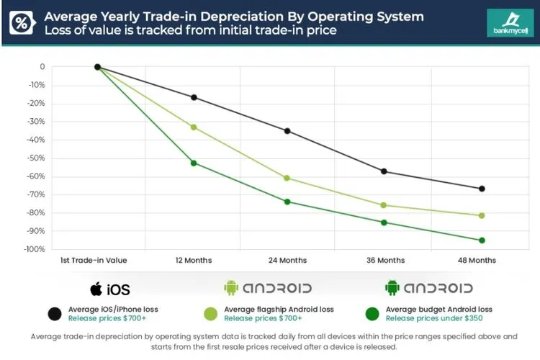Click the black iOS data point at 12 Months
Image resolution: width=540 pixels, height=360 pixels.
click(194, 97)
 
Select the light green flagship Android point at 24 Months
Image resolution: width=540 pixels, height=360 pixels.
click(287, 178)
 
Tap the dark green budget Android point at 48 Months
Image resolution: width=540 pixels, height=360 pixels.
click(482, 240)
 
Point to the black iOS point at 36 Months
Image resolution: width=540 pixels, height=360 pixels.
click(384, 171)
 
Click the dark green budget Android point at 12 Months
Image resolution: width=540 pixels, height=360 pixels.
click(194, 163)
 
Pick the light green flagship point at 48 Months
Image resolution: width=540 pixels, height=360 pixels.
click(482, 215)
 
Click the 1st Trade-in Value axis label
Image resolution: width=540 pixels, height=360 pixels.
click(98, 261)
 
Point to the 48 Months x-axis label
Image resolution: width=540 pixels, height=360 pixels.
click(476, 261)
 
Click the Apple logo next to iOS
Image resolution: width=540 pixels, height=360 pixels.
click(96, 289)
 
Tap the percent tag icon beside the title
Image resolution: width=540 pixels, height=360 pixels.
click(21, 22)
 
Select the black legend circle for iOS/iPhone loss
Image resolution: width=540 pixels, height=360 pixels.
click(54, 313)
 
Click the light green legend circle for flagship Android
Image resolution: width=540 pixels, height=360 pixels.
click(211, 313)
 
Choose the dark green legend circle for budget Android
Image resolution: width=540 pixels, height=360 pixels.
click(372, 313)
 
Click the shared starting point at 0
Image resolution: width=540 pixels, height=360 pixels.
click(97, 67)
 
